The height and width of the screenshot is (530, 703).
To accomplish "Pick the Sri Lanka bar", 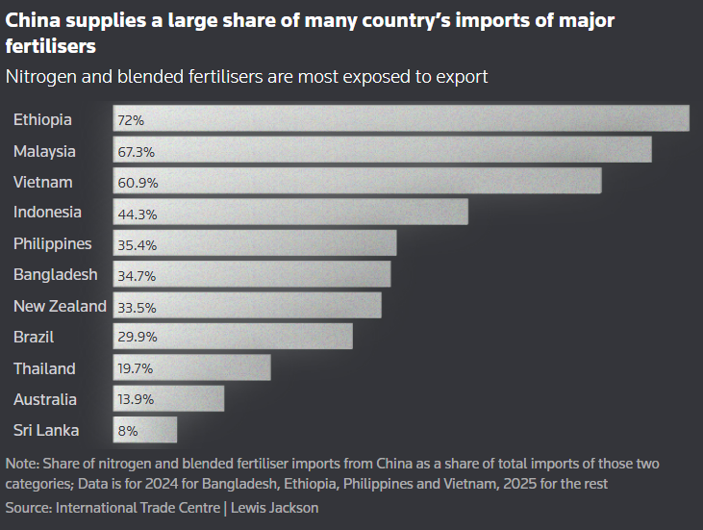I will pos(145,430).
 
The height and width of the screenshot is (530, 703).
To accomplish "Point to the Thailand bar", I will pos(192,367).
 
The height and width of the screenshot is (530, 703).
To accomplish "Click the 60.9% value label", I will pos(137,182).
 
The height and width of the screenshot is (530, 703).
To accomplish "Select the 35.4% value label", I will pos(137,243).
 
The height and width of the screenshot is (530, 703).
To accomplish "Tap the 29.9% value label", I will pos(137,337).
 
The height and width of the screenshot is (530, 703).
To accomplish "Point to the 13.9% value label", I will pos(137,399).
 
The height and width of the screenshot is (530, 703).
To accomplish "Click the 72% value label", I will pos(131,120).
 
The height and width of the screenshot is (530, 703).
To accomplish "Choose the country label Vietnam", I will pos(43,182).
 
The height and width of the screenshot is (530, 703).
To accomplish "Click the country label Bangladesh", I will pos(56,274).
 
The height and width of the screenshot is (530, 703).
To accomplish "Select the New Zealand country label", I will pos(60,306).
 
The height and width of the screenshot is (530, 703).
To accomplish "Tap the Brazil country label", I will pos(34,337).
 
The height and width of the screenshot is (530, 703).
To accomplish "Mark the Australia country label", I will pos(45,399).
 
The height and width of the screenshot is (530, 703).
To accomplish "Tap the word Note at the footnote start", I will pos(22,464).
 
